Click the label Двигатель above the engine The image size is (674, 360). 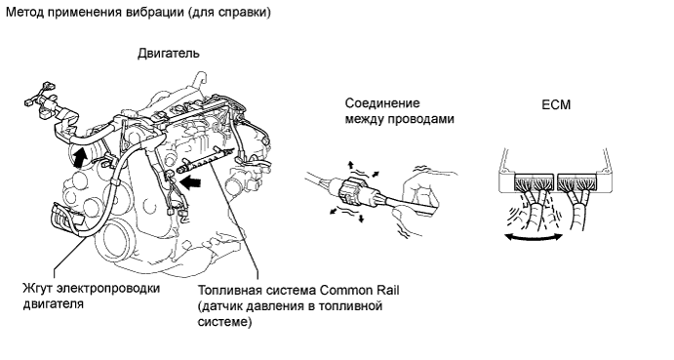(x=169, y=54)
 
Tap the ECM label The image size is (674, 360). (x=556, y=104)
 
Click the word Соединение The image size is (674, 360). (x=382, y=103)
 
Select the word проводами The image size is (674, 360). (x=420, y=119)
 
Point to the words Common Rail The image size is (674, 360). (x=359, y=291)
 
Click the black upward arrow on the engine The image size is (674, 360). (x=78, y=157)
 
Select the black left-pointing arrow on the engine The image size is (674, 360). (x=190, y=181)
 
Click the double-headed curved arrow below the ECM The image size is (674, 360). (x=534, y=237)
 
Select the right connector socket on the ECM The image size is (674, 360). (x=577, y=183)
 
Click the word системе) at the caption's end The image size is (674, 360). (x=224, y=322)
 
